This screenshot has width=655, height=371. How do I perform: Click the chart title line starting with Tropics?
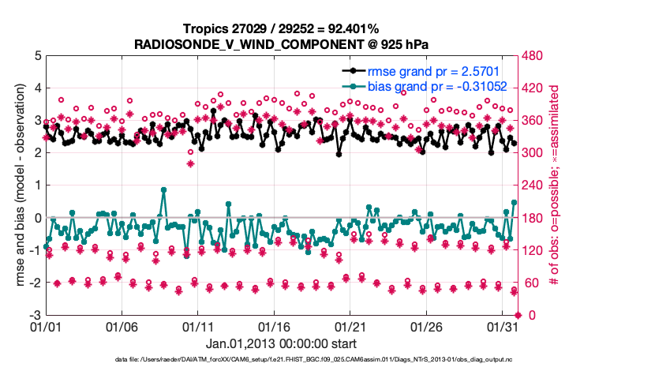[x=281, y=29]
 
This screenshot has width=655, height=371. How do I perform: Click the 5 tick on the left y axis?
[x=37, y=56]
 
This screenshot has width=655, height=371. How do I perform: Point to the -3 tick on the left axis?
[x=36, y=315]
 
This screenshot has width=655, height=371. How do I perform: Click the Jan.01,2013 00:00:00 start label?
[x=281, y=343]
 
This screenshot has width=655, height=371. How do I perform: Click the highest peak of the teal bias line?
[x=163, y=189]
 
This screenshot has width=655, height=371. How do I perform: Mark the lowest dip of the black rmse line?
[x=339, y=154]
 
